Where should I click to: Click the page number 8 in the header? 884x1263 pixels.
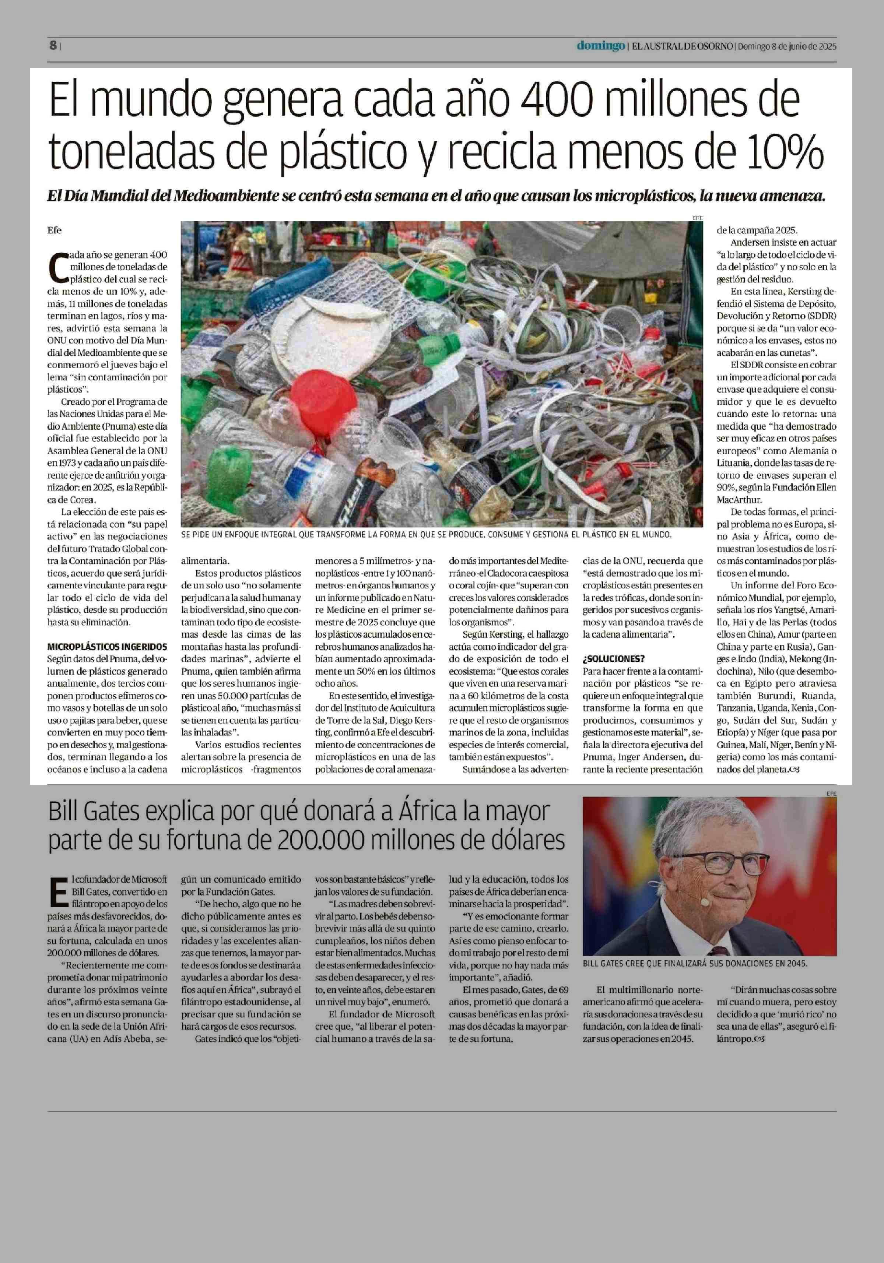tap(53, 46)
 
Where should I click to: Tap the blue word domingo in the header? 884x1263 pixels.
tap(601, 46)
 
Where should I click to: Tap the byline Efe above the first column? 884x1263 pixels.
tap(55, 230)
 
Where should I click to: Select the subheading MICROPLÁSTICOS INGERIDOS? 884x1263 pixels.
tap(107, 646)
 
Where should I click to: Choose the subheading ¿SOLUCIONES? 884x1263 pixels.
tap(614, 658)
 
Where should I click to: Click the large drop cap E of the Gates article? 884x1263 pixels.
tap(58, 892)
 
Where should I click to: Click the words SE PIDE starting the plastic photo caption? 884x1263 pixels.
tap(199, 534)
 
